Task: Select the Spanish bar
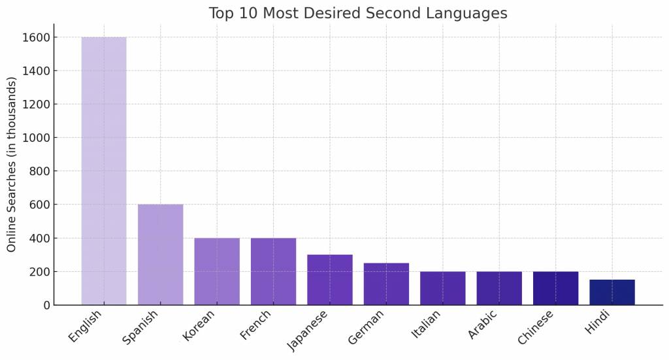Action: (160, 255)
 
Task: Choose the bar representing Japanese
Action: (330, 280)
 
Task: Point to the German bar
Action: (386, 284)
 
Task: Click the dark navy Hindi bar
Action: (612, 292)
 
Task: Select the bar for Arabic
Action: (499, 288)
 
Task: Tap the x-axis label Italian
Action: (427, 324)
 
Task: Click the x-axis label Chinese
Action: (536, 327)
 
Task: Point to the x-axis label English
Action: (86, 326)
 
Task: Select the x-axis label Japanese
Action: (308, 330)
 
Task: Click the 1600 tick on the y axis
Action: (36, 38)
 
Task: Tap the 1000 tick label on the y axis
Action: (36, 138)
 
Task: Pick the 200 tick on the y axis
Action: (39, 272)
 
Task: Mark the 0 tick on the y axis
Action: (46, 305)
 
